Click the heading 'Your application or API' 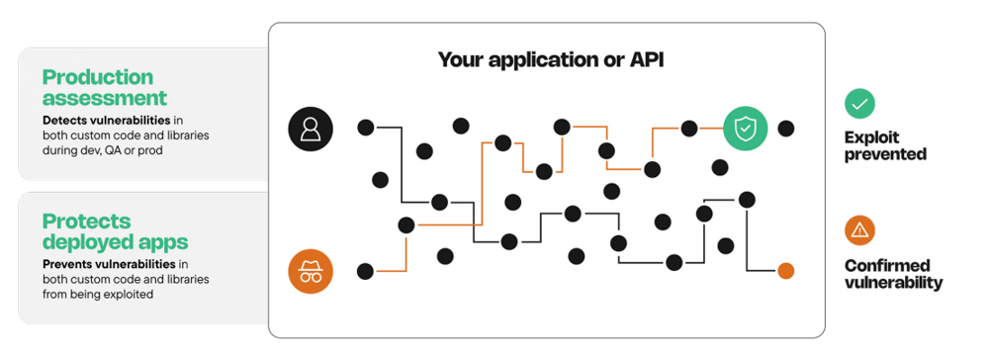pyautogui.click(x=550, y=60)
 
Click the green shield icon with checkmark pyautogui.click(x=744, y=129)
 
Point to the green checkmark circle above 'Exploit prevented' pyautogui.click(x=858, y=103)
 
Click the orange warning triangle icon pyautogui.click(x=858, y=230)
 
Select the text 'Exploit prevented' pyautogui.click(x=885, y=145)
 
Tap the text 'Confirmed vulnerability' pyautogui.click(x=893, y=274)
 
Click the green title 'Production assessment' pyautogui.click(x=104, y=87)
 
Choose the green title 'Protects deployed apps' pyautogui.click(x=115, y=230)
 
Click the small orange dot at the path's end pyautogui.click(x=785, y=270)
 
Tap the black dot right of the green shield pyautogui.click(x=785, y=128)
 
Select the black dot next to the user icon pyautogui.click(x=365, y=127)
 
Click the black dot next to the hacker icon pyautogui.click(x=365, y=270)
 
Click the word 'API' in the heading pyautogui.click(x=644, y=60)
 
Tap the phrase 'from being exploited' pyautogui.click(x=98, y=294)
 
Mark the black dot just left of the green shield pyautogui.click(x=689, y=128)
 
